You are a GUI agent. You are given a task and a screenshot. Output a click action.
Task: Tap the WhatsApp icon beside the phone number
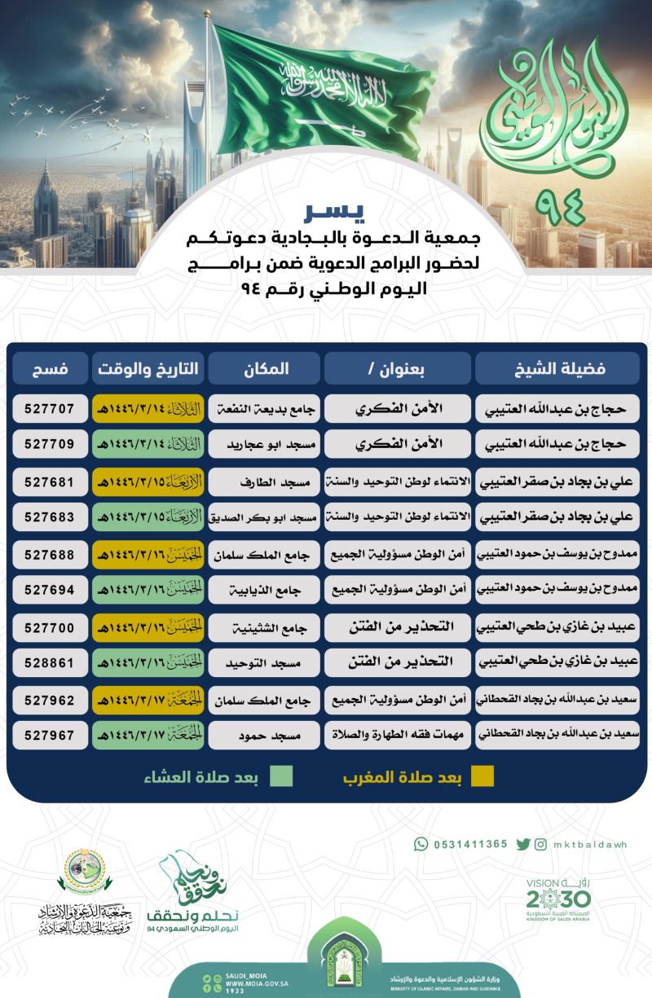pyautogui.click(x=421, y=844)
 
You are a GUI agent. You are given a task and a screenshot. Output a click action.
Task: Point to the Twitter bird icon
pyautogui.click(x=522, y=844)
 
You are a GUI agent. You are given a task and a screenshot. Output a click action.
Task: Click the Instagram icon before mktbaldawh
pyautogui.click(x=541, y=844)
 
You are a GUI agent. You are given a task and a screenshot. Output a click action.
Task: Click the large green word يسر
pyautogui.click(x=333, y=214)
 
